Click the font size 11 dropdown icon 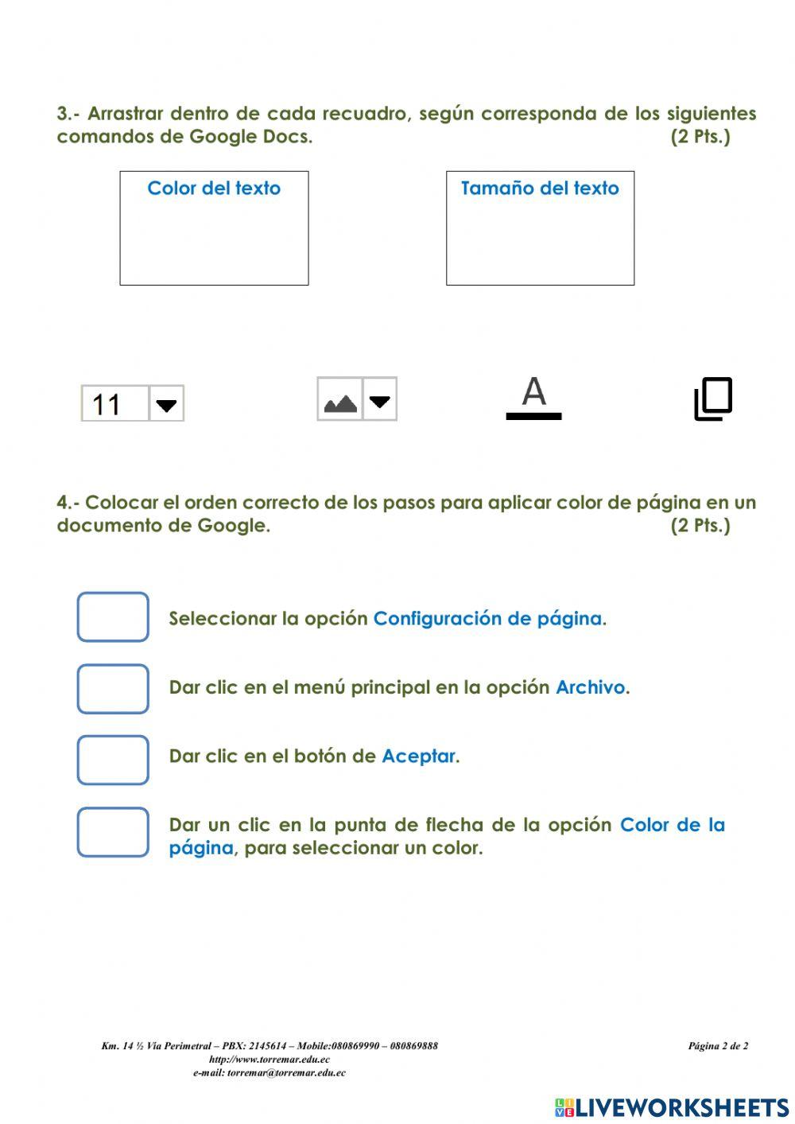point(133,403)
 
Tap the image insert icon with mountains point(356,399)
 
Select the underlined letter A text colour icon point(534,398)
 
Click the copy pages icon point(713,399)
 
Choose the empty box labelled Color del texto point(214,228)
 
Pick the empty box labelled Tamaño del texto point(540,228)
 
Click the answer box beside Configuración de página point(113,617)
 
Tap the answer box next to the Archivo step point(113,689)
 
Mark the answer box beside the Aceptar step point(113,760)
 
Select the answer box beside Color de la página point(113,832)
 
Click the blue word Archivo point(591,687)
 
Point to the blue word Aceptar point(419,756)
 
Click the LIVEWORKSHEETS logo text point(681,1108)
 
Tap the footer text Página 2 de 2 point(718,1046)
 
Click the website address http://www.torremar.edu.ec point(270,1060)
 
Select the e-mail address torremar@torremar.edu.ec point(286,1073)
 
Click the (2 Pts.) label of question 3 point(700,136)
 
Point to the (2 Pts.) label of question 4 point(700,525)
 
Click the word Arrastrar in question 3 point(125,114)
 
